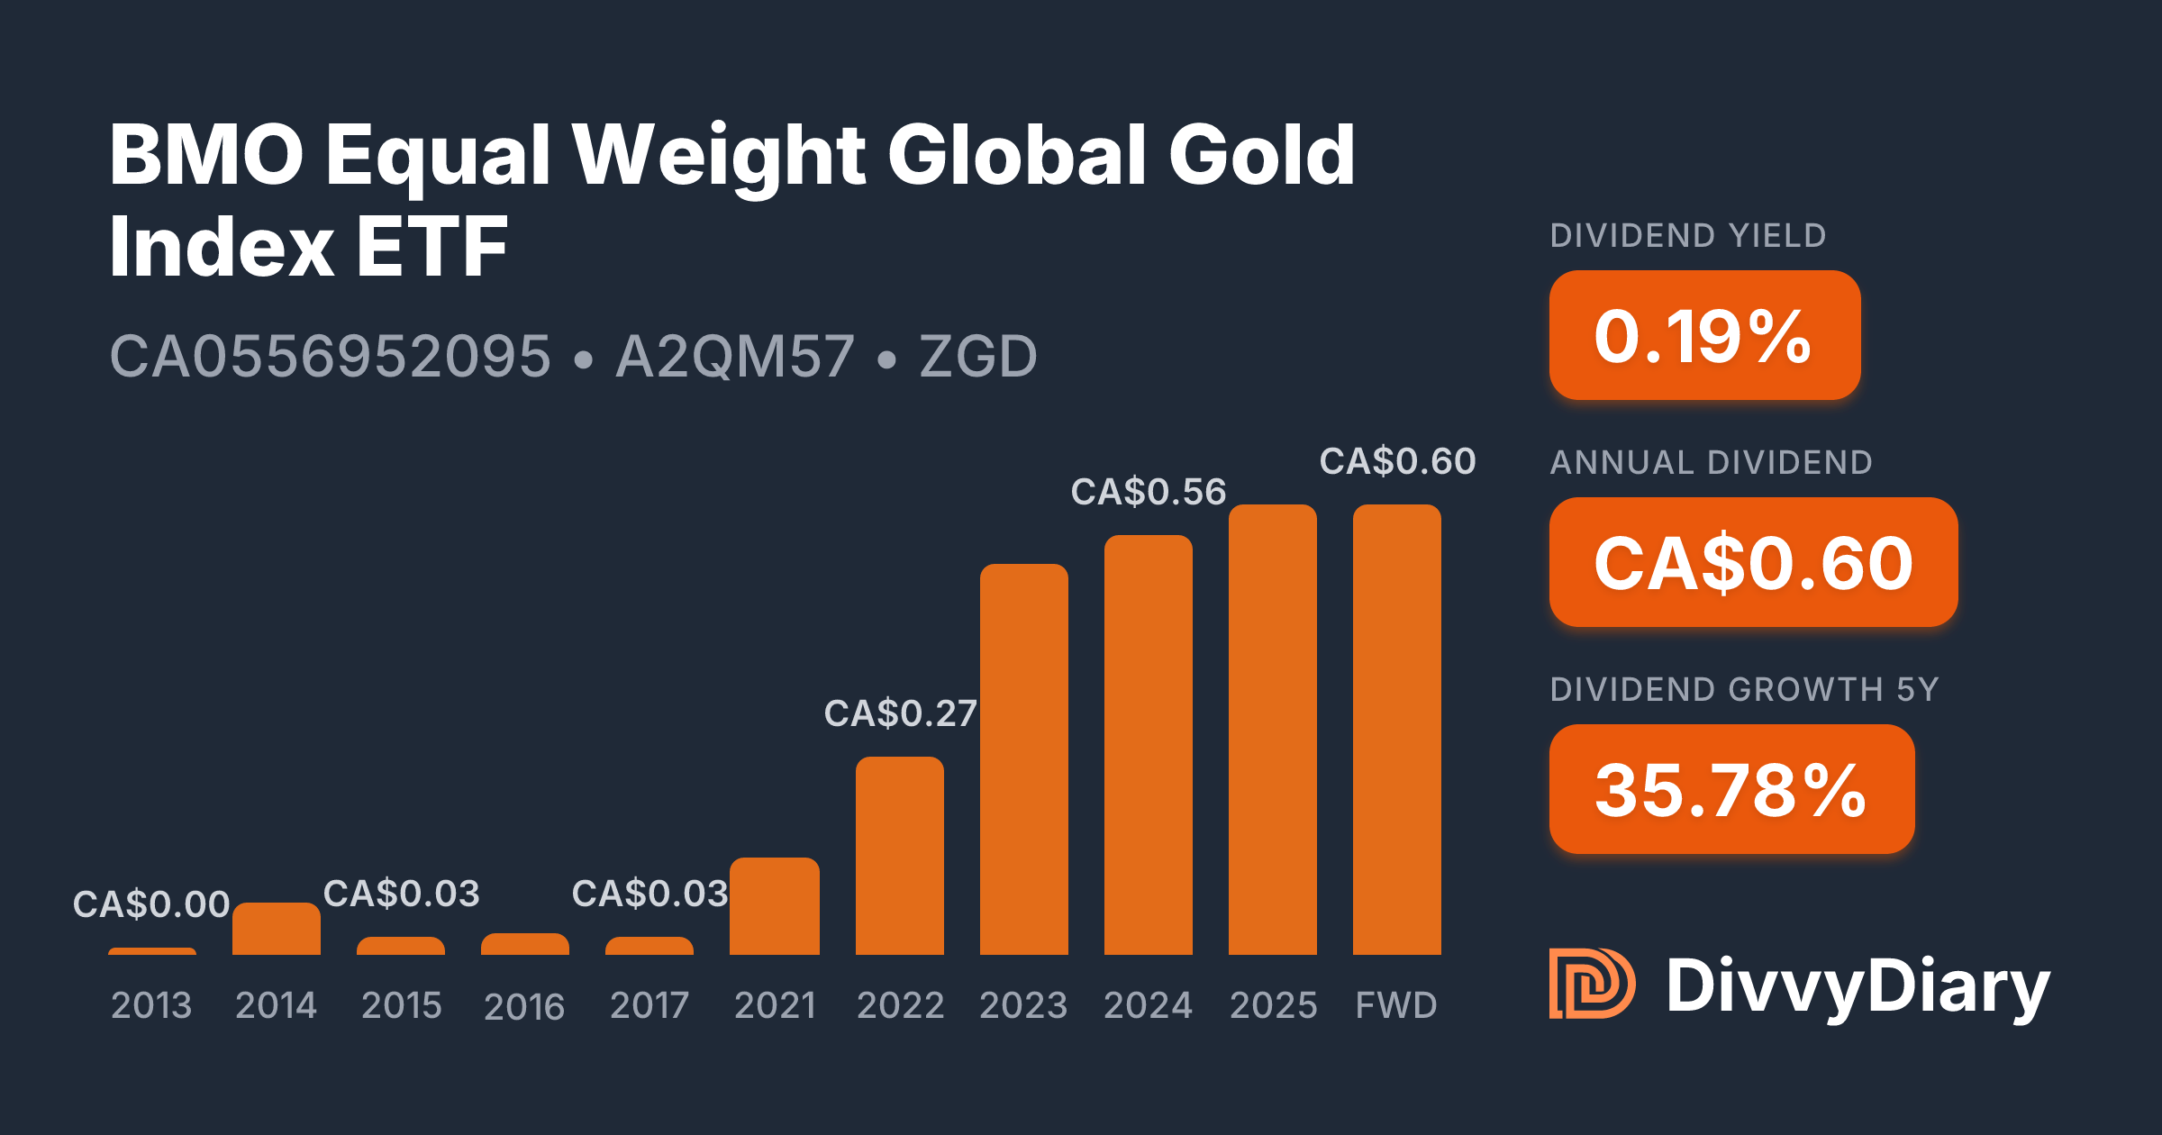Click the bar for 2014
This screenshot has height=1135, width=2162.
click(x=277, y=929)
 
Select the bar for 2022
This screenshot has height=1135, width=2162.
click(x=900, y=856)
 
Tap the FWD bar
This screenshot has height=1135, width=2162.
click(x=1397, y=730)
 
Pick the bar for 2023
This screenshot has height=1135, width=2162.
click(x=1024, y=759)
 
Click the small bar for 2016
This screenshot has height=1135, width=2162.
click(x=525, y=944)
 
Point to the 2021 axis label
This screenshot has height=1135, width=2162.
click(x=775, y=1005)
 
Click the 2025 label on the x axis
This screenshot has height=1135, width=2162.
click(x=1273, y=1005)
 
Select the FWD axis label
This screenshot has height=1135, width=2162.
click(x=1396, y=1005)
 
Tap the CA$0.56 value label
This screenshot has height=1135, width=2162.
click(x=1148, y=492)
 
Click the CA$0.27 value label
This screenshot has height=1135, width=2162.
click(x=900, y=713)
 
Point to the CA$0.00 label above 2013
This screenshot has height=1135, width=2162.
click(x=151, y=904)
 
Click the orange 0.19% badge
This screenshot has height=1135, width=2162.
click(x=1704, y=336)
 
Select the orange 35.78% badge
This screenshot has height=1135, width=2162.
click(x=1731, y=790)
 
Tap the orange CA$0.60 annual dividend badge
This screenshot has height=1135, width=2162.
click(x=1753, y=563)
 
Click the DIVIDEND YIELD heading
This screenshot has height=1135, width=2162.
click(x=1688, y=236)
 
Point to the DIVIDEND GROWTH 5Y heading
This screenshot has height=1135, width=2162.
click(x=1744, y=690)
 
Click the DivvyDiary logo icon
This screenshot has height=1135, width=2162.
click(x=1592, y=984)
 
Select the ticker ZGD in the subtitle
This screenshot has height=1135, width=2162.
click(x=978, y=357)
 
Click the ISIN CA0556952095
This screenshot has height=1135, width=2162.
click(x=330, y=357)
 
